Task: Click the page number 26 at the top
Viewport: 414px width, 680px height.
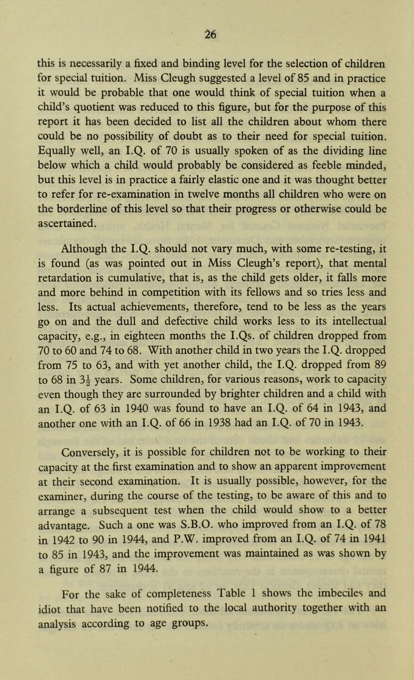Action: point(206,11)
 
